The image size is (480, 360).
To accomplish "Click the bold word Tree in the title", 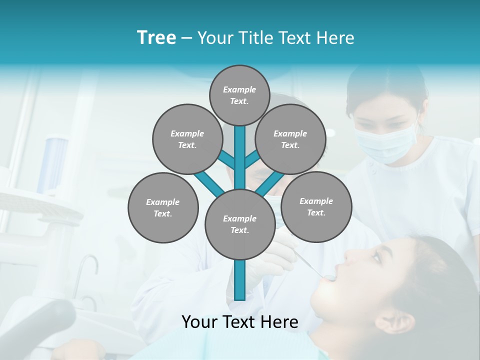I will click(x=156, y=38).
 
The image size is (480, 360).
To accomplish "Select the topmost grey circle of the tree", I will click(x=239, y=95).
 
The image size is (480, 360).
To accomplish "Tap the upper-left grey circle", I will click(x=187, y=139).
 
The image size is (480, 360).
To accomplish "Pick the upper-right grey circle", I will click(x=290, y=139).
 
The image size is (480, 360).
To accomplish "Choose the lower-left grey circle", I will click(x=163, y=207).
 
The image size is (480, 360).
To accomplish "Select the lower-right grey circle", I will click(x=316, y=206).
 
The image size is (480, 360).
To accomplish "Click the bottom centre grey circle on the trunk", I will click(x=239, y=224).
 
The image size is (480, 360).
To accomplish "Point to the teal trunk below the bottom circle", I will click(x=239, y=280).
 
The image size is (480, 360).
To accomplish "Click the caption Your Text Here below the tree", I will click(x=239, y=322).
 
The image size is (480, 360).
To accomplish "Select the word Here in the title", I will click(x=334, y=38).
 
